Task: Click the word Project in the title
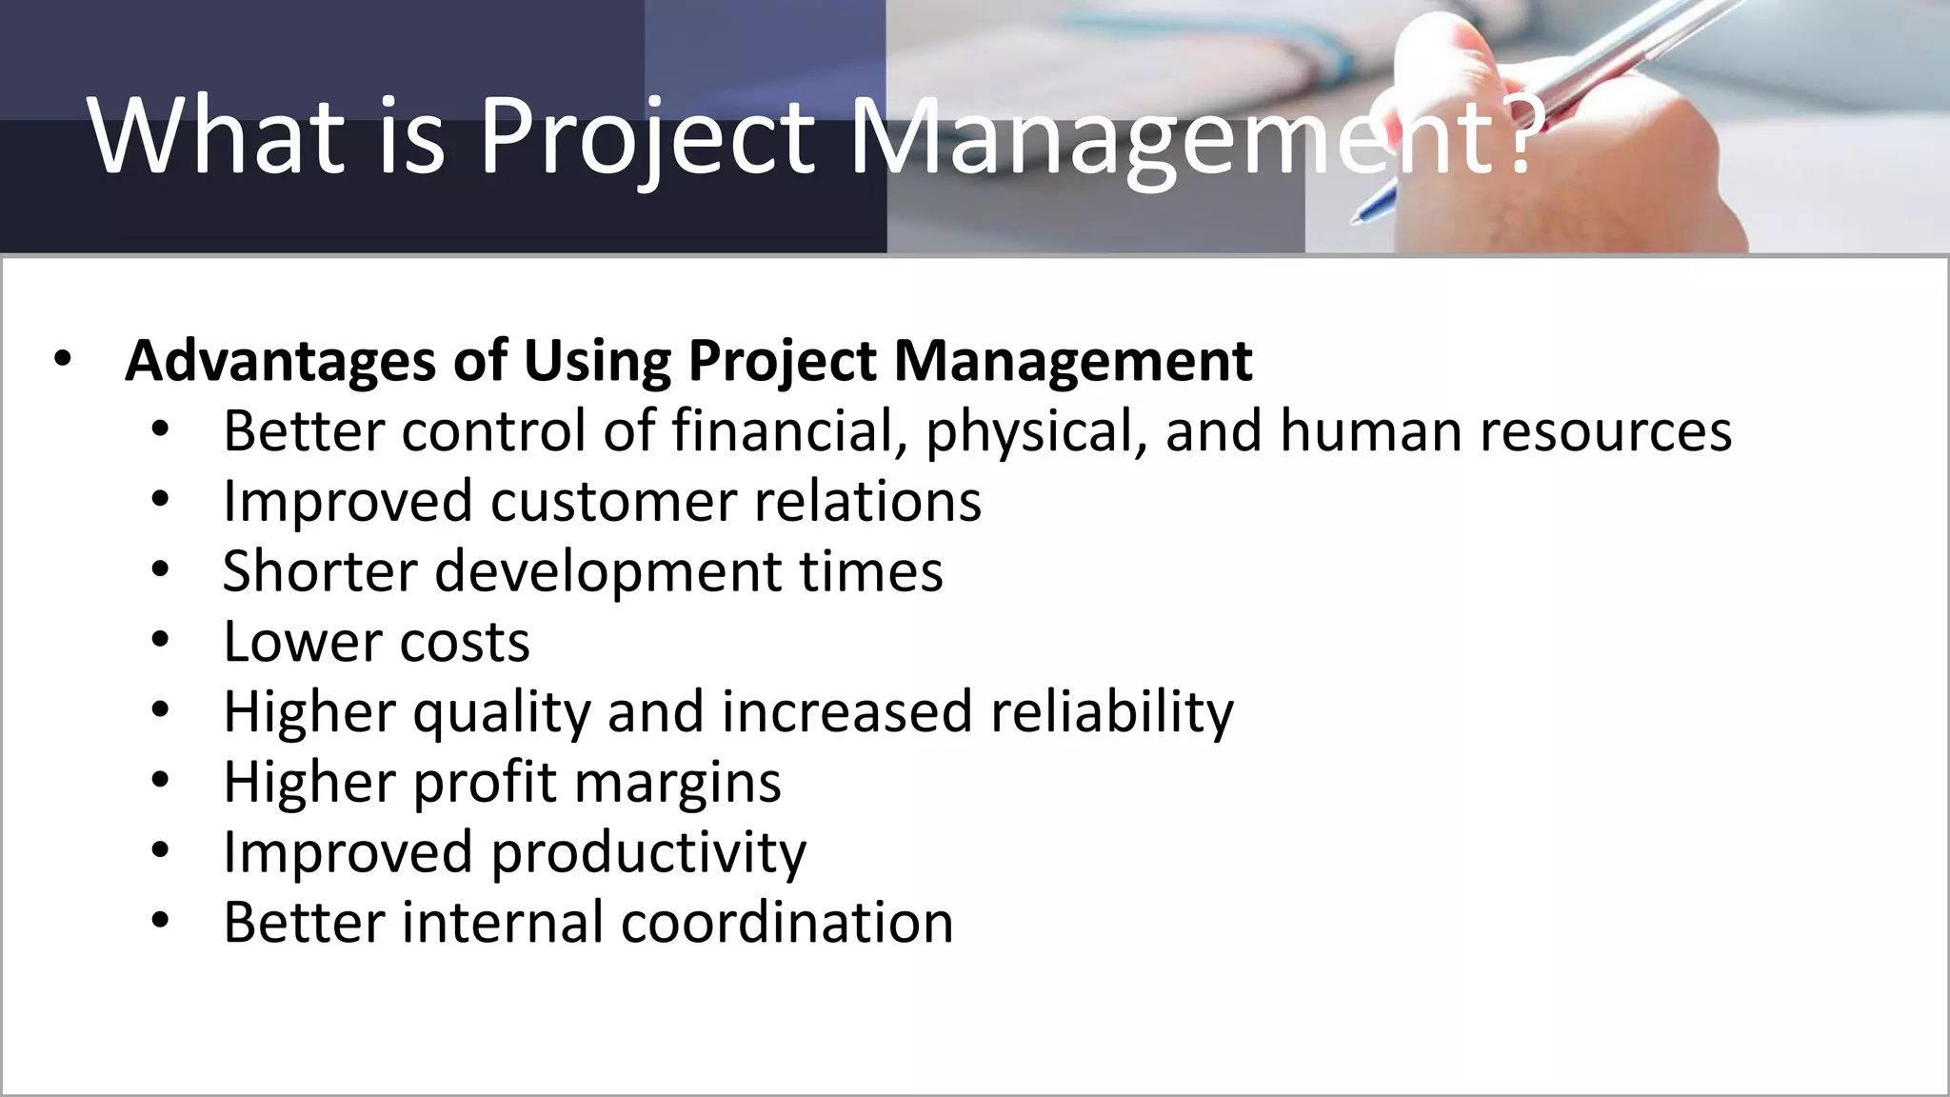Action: click(x=647, y=136)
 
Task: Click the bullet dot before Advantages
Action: click(x=63, y=361)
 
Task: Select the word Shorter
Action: click(x=320, y=571)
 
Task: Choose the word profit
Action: click(x=485, y=783)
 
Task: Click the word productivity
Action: click(x=648, y=852)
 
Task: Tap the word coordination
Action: click(x=786, y=922)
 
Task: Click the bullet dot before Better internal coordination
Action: click(x=159, y=921)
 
